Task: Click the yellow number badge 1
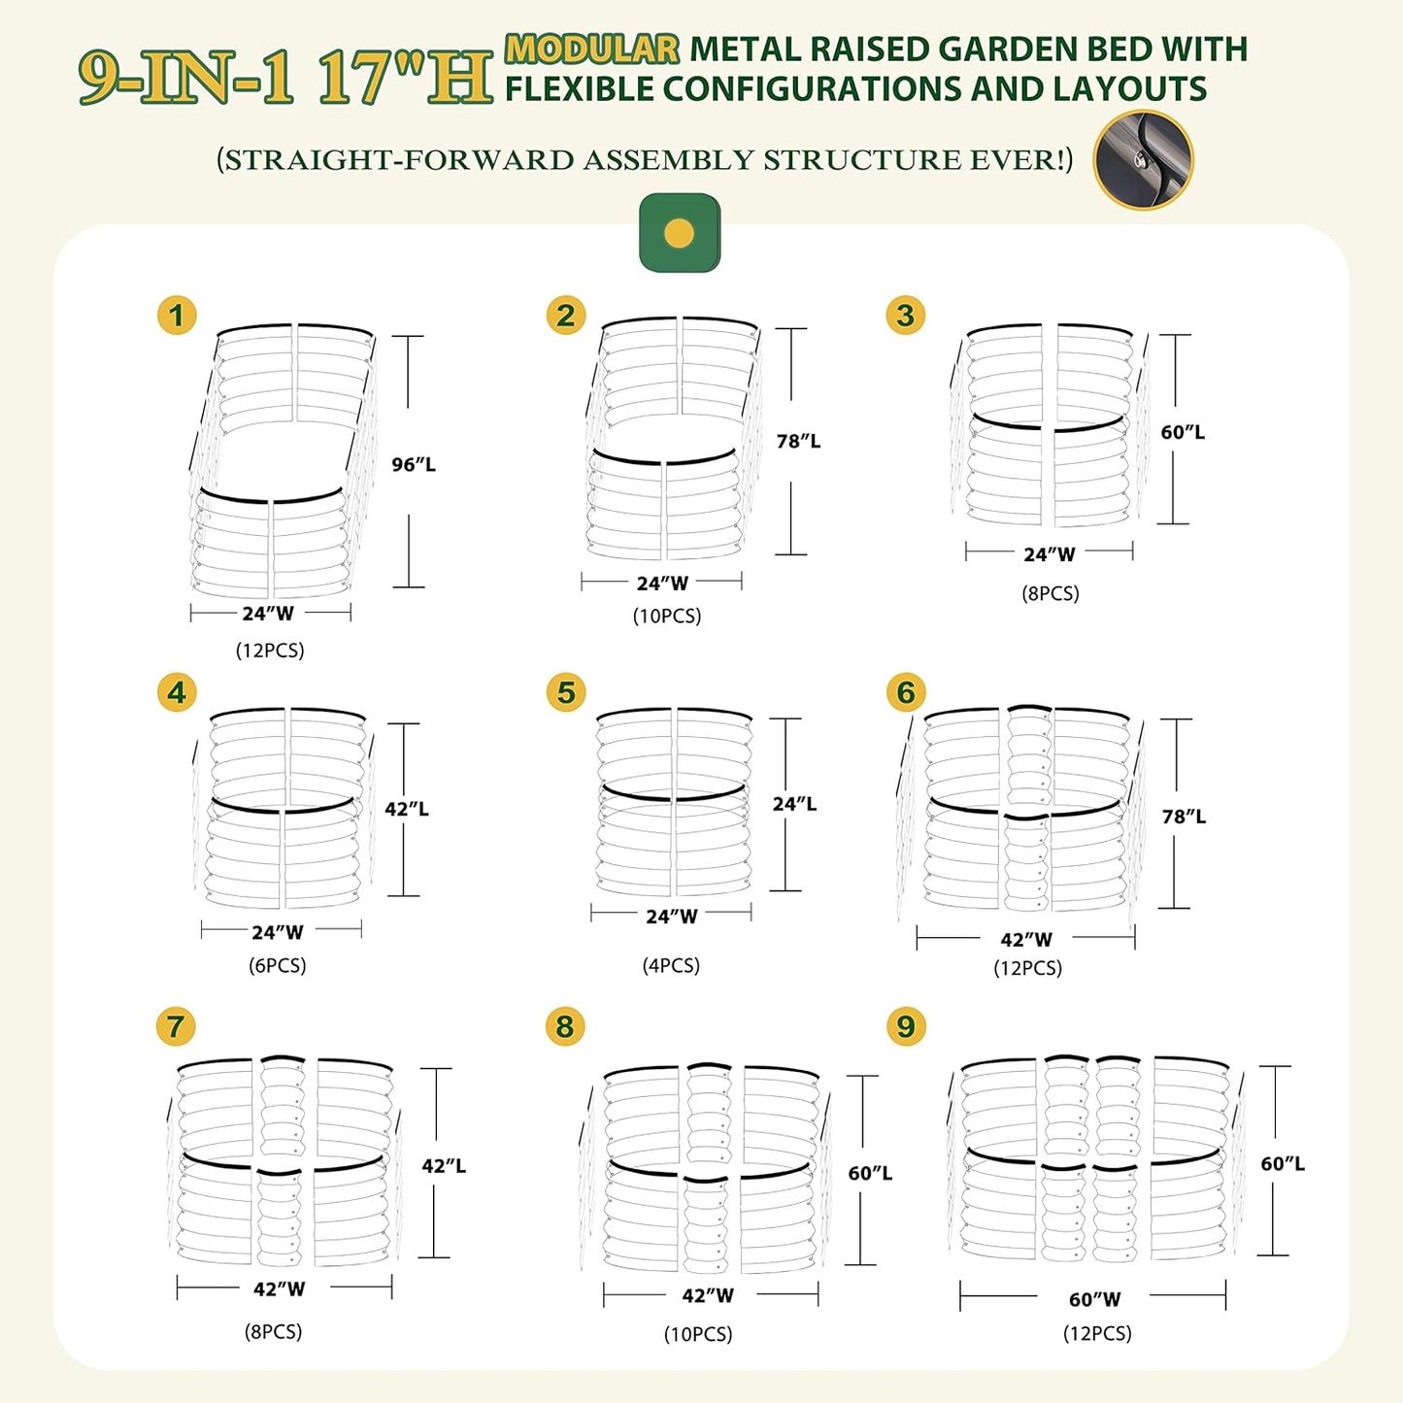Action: pos(177,316)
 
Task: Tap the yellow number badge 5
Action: pos(566,692)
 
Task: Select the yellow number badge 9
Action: pos(906,1026)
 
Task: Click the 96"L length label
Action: pos(414,464)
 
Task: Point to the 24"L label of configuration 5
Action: pos(794,804)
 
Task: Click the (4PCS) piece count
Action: pos(671,965)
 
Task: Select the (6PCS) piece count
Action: pos(278,965)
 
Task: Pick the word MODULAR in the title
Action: pos(592,50)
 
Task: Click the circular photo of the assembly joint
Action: pos(1143,159)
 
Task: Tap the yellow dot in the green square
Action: pos(680,234)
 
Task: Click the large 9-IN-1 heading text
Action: pos(186,78)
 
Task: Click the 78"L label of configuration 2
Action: pos(798,441)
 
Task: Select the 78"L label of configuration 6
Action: pos(1184,817)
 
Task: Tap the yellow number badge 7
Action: pos(176,1026)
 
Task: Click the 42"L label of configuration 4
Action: pos(406,809)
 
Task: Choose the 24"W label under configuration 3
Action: pos(1050,554)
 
